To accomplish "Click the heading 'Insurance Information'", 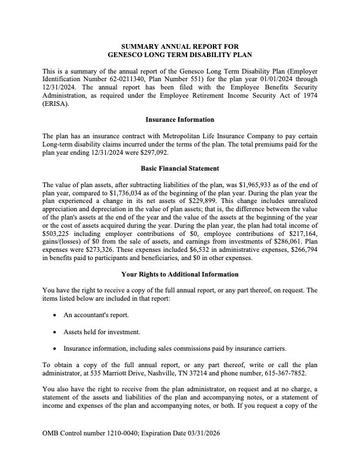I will click(179, 119).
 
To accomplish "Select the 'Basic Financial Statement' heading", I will click(179, 169).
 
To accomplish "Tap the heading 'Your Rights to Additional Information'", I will click(179, 274).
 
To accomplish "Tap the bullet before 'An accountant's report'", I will click(55, 315).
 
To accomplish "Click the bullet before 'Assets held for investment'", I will click(55, 332).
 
